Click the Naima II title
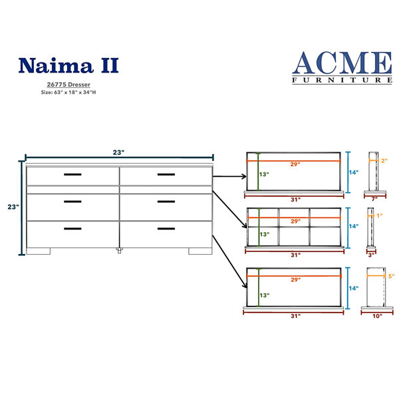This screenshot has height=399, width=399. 68,65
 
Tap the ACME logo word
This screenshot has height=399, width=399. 342,63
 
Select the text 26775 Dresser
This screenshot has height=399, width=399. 68,84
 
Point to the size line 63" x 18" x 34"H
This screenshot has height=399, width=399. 68,92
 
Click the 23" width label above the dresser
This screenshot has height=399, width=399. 118,152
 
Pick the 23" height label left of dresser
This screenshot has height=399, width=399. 13,207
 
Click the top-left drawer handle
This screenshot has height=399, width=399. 72,174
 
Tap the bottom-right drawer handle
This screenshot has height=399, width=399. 166,229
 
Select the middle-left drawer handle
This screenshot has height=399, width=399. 72,201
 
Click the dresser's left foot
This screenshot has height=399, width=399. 39,251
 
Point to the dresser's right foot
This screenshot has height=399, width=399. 200,251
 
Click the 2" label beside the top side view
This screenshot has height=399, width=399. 384,160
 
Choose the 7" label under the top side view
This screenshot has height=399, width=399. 374,199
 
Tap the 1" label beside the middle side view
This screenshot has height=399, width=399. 380,215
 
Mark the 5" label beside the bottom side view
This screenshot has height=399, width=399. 392,276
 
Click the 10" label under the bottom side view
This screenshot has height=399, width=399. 377,316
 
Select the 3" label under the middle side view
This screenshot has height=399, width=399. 371,255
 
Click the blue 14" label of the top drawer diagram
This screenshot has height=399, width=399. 354,172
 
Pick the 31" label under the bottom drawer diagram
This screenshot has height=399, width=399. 296,316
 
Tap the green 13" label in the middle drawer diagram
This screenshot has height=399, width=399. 265,234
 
